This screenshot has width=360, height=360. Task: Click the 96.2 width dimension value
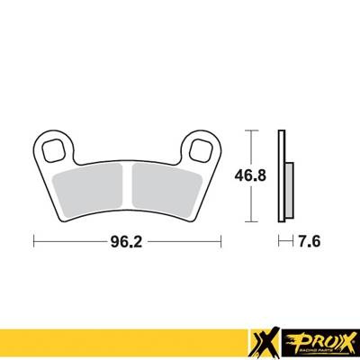click(x=126, y=241)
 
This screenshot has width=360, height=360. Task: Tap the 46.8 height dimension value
click(x=250, y=175)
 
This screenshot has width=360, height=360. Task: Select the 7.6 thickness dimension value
click(x=310, y=241)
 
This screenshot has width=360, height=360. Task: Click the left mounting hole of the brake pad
click(x=54, y=150)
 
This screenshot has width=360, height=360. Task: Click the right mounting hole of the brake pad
click(x=201, y=148)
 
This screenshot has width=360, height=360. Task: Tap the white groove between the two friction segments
click(x=128, y=186)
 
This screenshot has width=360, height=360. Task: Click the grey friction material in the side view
click(x=290, y=190)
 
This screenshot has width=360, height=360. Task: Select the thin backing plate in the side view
click(x=282, y=176)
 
